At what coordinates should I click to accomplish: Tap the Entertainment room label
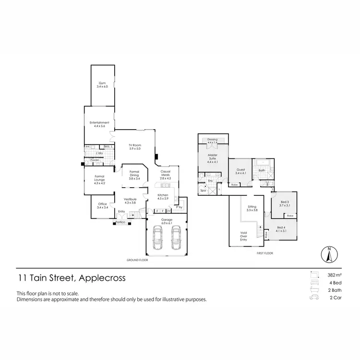(x=99, y=124)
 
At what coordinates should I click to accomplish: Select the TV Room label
(x=135, y=146)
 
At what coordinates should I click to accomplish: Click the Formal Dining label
(x=134, y=174)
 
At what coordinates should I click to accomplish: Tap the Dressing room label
(x=213, y=141)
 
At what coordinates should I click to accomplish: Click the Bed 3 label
(x=285, y=204)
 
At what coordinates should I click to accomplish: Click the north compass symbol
(x=329, y=254)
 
